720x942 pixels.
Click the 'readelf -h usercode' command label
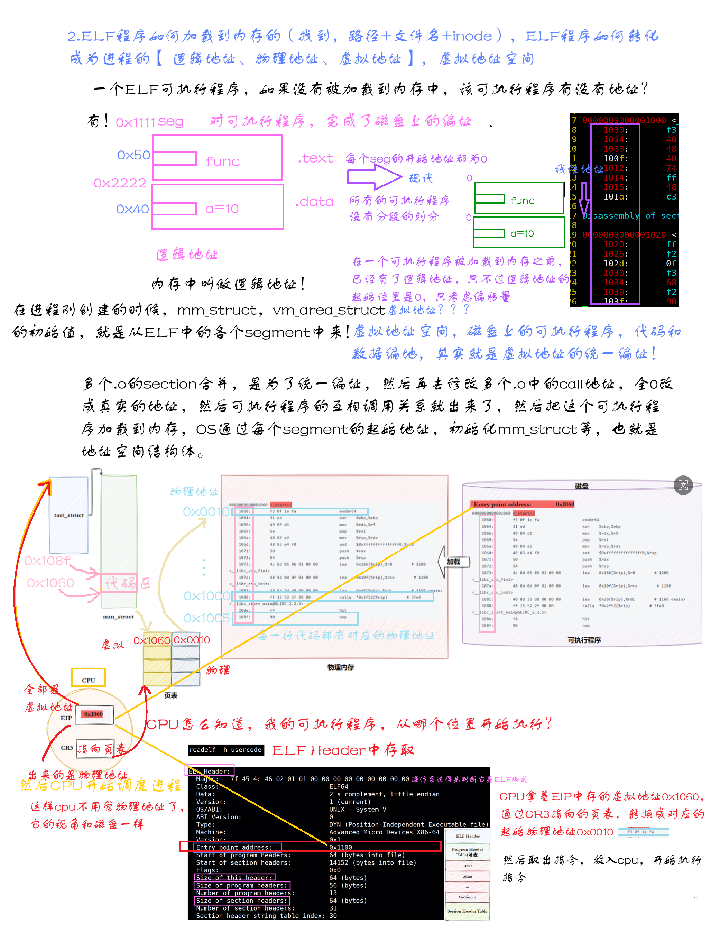(x=225, y=750)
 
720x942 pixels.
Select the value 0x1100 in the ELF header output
(x=340, y=847)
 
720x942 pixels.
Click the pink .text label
(x=316, y=159)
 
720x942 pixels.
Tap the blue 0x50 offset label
(x=134, y=155)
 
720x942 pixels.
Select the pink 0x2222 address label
(x=120, y=183)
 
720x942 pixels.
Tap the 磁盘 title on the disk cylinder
(x=582, y=486)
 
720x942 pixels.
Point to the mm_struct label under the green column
(x=118, y=617)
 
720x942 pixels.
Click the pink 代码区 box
(x=119, y=583)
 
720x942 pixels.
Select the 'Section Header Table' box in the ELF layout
(x=467, y=911)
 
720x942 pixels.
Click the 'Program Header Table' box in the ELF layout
(x=467, y=852)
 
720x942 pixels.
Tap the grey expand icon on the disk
(x=683, y=485)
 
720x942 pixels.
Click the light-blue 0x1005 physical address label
(x=206, y=618)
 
